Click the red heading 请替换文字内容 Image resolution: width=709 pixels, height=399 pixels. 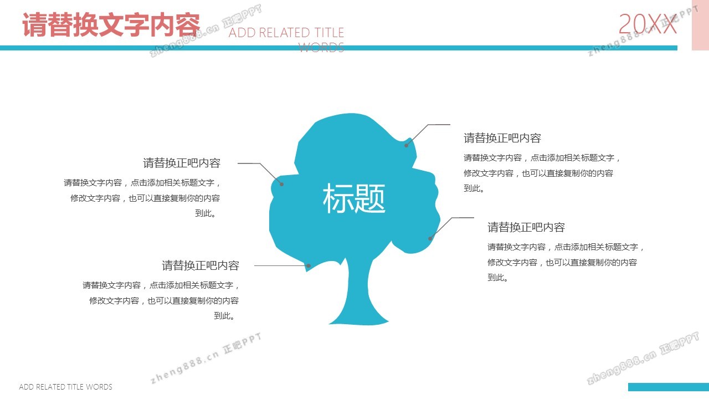111,25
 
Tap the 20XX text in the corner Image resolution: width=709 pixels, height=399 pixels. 648,24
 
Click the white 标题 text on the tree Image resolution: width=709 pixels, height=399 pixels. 354,198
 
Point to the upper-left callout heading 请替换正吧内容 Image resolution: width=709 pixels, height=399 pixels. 182,163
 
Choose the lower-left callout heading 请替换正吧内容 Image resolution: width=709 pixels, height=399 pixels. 201,265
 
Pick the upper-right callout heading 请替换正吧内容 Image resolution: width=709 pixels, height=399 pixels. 502,138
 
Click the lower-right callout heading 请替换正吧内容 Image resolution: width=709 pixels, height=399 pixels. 526,227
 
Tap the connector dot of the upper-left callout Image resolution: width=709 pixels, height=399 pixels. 282,184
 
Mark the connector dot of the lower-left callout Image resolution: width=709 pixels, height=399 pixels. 309,265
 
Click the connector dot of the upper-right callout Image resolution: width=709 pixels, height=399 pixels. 407,145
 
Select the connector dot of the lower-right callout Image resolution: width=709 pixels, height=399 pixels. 430,238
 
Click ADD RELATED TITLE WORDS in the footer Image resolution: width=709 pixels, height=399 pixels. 65,387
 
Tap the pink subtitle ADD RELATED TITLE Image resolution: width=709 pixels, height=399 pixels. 286,33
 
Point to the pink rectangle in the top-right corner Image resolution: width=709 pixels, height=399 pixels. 700,25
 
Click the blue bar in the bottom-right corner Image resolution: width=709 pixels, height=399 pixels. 669,387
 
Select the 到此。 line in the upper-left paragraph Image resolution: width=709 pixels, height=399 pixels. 205,213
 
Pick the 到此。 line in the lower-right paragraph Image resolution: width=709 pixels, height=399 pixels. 498,278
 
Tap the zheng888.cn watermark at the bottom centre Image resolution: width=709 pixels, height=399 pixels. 205,358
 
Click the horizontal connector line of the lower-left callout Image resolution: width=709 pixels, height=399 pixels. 281,265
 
